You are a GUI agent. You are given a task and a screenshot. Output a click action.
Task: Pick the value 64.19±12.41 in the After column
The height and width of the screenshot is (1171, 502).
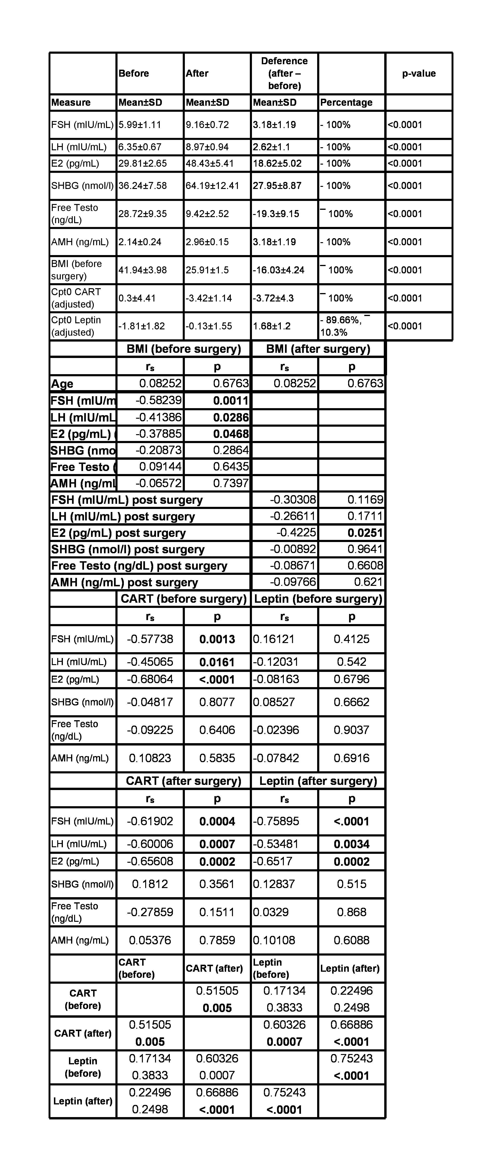coord(212,185)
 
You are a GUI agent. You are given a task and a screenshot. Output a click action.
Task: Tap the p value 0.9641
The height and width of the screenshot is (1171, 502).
coord(365,549)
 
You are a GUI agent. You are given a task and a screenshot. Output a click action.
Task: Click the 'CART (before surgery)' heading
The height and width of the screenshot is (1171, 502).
coord(184,599)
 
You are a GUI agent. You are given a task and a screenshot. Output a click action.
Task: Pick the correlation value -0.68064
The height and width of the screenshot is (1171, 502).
coord(150,679)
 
